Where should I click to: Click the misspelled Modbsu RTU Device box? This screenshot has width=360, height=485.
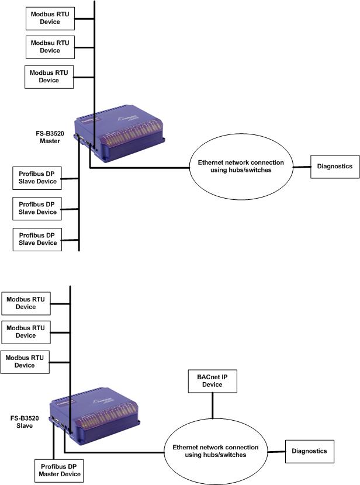pyautogui.click(x=50, y=47)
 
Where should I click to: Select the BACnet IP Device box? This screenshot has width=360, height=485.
pyautogui.click(x=213, y=381)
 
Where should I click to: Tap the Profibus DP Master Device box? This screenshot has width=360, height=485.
pyautogui.click(x=59, y=471)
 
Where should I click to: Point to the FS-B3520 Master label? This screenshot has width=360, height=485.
pyautogui.click(x=50, y=137)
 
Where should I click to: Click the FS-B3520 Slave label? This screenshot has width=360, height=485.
pyautogui.click(x=25, y=422)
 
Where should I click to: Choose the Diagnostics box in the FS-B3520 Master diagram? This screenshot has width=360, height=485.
pyautogui.click(x=335, y=167)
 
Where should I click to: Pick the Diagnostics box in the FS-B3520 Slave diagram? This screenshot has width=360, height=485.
pyautogui.click(x=310, y=452)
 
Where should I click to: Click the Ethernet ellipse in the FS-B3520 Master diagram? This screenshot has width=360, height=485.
pyautogui.click(x=241, y=167)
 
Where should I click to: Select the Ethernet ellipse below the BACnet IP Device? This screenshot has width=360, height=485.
pyautogui.click(x=216, y=452)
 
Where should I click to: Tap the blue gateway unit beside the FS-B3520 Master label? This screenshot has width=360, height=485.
pyautogui.click(x=119, y=133)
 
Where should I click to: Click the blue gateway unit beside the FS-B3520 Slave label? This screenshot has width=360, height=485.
pyautogui.click(x=94, y=416)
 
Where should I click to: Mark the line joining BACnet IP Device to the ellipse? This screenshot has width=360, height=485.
pyautogui.click(x=213, y=406)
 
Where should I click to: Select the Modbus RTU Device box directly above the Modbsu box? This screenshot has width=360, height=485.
pyautogui.click(x=50, y=19)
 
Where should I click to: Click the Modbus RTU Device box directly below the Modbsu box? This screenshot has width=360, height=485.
pyautogui.click(x=49, y=77)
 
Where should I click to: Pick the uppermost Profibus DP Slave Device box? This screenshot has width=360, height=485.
pyautogui.click(x=37, y=178)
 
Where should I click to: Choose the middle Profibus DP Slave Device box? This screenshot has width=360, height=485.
pyautogui.click(x=37, y=209)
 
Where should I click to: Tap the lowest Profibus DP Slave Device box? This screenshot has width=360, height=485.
pyautogui.click(x=37, y=240)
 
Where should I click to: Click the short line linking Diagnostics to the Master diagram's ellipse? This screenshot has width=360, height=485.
pyautogui.click(x=302, y=167)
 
